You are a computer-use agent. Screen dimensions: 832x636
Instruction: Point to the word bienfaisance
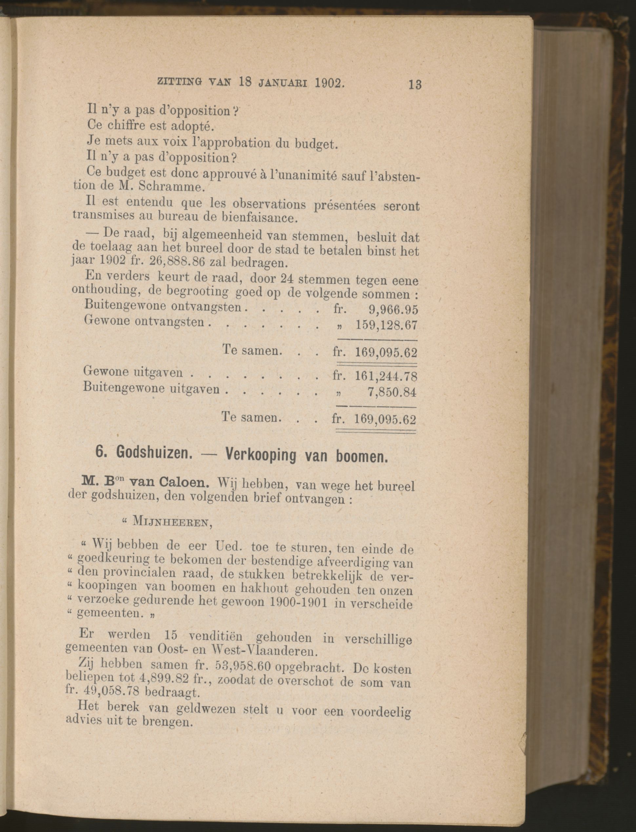point(260,217)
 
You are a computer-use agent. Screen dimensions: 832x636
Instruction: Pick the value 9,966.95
point(393,310)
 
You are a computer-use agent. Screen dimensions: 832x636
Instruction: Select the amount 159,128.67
point(386,325)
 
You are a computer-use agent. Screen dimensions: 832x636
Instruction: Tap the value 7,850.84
point(392,392)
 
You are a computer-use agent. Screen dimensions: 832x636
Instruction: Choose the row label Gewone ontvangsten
point(144,321)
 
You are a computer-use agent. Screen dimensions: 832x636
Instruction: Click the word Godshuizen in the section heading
point(152,452)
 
